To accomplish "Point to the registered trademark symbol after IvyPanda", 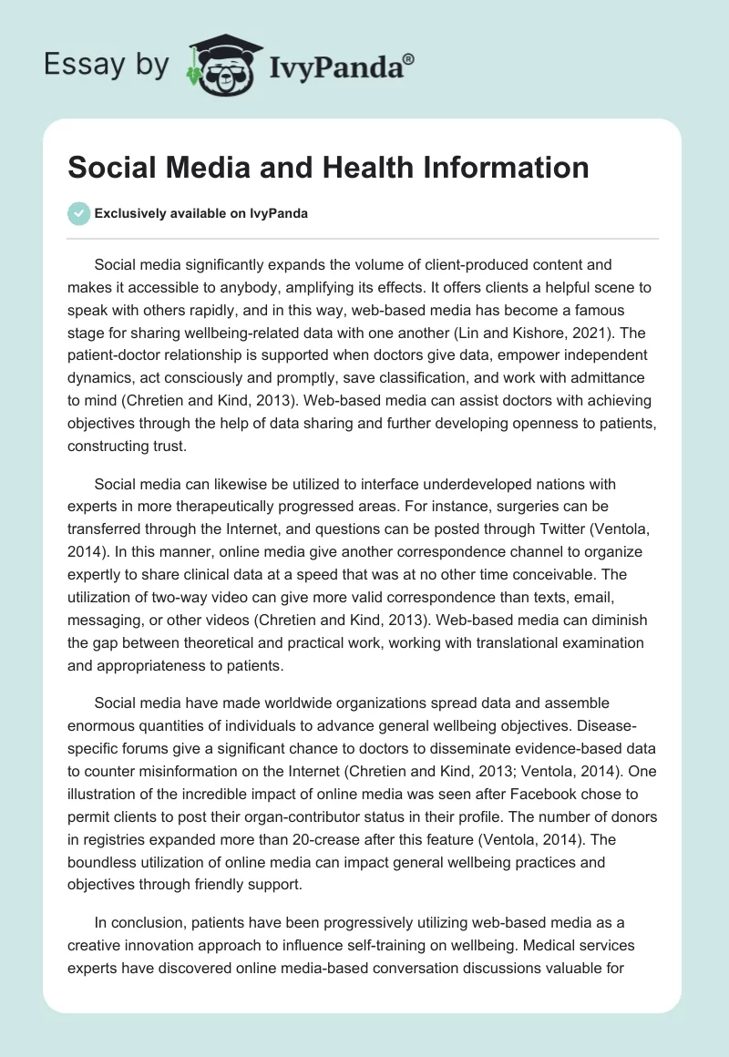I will pyautogui.click(x=409, y=57).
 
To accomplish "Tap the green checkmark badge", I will pyautogui.click(x=78, y=213).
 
